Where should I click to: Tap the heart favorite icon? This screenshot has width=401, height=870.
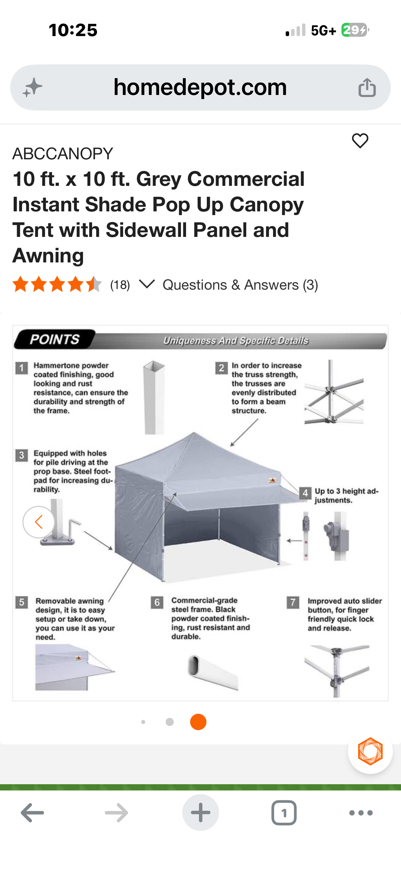point(360,141)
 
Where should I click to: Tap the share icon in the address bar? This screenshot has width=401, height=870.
point(367,88)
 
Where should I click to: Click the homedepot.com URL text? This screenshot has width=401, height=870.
point(200,87)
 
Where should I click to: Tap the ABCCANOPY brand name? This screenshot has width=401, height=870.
point(63,154)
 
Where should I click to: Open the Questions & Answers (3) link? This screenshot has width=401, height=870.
point(240,285)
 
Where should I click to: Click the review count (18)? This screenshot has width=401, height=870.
point(120,285)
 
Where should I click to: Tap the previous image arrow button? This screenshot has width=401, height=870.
point(39,522)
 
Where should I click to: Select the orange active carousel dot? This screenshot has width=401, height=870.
point(198,722)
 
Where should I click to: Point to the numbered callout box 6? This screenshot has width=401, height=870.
point(157,602)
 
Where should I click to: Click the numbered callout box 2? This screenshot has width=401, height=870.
point(221,368)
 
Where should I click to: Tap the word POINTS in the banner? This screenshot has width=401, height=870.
point(54,339)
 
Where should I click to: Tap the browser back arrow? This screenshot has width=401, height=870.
point(32,812)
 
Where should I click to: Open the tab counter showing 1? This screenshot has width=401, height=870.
point(284,812)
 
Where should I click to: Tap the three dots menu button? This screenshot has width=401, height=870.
point(361,812)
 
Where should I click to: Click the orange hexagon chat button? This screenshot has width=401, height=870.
point(370,751)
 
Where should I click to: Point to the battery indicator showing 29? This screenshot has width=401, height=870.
point(354,30)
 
